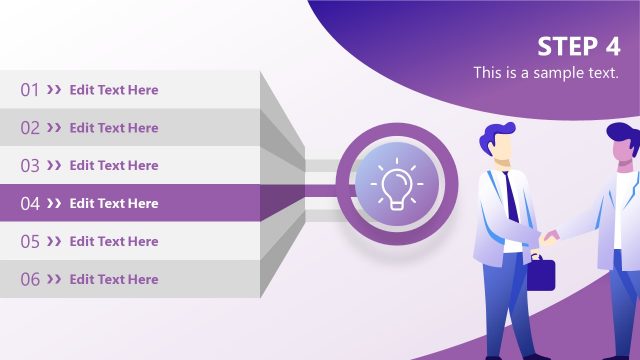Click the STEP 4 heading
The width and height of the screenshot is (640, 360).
point(578,46)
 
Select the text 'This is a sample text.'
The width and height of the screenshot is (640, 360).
point(546,73)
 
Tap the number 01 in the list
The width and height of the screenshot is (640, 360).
point(30,90)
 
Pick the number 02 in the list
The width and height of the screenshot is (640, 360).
point(30,128)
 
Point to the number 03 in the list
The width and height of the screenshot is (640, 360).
point(30,166)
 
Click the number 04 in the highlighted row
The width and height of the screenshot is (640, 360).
point(30,204)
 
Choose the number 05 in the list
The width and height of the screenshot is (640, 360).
point(30,242)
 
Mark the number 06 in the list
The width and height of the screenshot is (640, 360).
point(30,280)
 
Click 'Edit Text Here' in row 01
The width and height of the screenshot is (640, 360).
point(114,90)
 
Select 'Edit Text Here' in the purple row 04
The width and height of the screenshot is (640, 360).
point(114,204)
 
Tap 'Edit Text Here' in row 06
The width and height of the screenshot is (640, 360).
point(114,280)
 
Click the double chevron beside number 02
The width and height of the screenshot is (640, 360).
point(54,128)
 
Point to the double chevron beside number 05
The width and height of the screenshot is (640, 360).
point(54,242)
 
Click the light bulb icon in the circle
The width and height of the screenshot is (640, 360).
point(396,185)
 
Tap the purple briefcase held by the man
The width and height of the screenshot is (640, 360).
point(540,273)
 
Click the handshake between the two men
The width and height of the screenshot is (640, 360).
point(550,238)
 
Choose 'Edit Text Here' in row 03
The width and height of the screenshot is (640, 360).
point(114,166)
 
